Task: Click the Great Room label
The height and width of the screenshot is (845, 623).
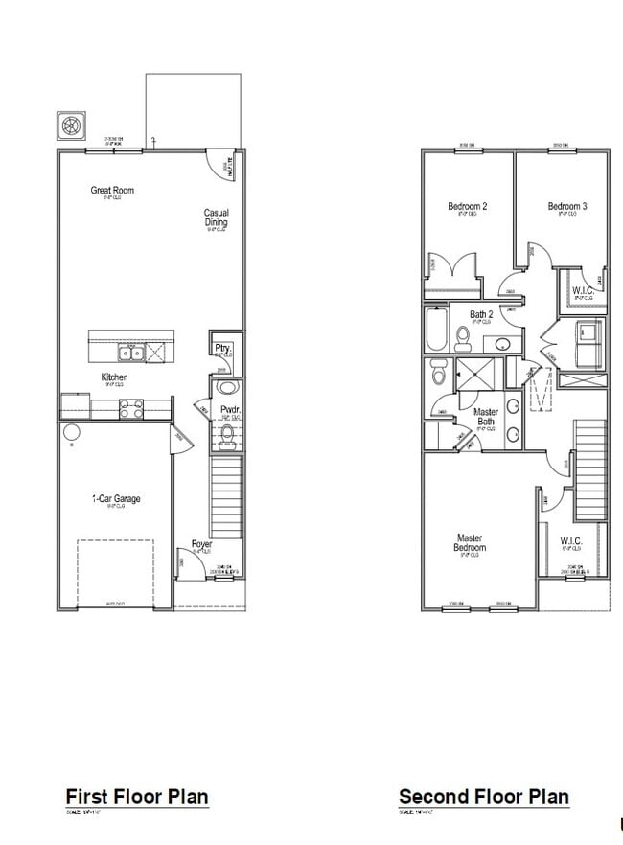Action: coord(112,191)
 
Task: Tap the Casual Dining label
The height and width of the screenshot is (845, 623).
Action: coord(217,218)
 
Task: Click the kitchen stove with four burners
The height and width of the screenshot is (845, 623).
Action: coord(130,408)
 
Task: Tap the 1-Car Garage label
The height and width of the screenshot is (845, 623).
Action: coord(115,499)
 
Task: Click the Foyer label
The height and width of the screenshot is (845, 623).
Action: coord(201,544)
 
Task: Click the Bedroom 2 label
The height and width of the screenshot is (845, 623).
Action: coord(468,206)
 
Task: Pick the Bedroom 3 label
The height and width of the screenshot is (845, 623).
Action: coord(567,206)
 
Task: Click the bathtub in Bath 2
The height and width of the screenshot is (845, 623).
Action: coord(435,331)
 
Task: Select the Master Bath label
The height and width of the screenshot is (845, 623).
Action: coord(486,417)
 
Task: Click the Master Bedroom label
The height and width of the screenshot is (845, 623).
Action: coord(470,543)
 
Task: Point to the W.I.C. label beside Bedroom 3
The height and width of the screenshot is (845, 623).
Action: coord(584,290)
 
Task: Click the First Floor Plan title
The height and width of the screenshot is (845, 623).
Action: coord(136,796)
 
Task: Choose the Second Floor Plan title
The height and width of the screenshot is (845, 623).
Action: coord(483,796)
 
